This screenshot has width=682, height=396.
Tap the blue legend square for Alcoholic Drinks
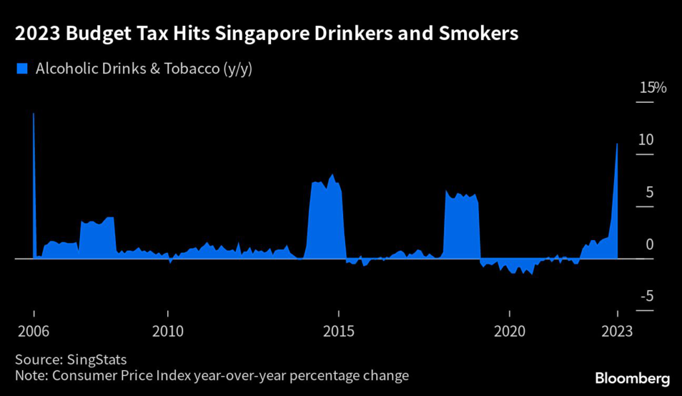point(21,68)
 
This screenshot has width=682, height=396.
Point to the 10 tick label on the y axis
point(646,140)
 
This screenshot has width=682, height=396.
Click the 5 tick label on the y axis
point(649,193)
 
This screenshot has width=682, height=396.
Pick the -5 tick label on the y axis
point(646,297)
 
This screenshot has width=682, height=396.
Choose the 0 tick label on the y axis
point(649,245)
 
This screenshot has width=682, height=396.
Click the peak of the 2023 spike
point(617,144)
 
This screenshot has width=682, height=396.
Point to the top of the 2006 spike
point(33,114)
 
